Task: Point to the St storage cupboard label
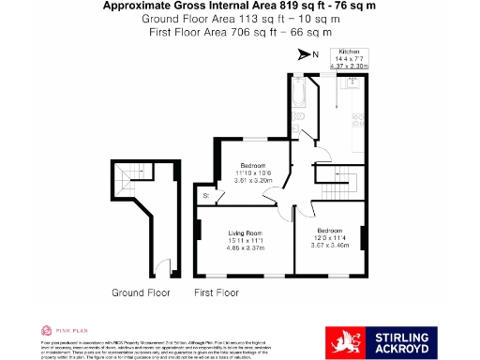point(206,195)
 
